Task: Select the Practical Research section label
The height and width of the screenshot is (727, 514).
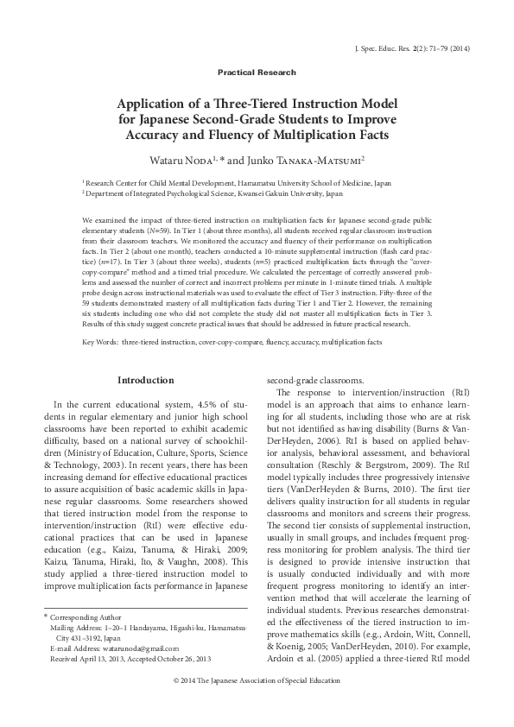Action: [x=257, y=73]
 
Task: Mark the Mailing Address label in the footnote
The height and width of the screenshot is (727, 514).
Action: [x=79, y=629]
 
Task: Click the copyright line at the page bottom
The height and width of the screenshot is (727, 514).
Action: [x=257, y=682]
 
